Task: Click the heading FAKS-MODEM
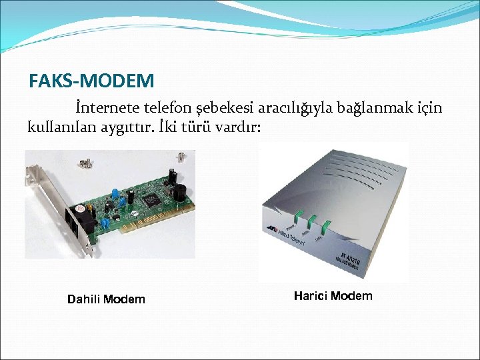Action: pos(91,81)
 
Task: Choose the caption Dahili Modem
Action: pos(106,299)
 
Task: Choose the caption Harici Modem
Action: pos(333,296)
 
